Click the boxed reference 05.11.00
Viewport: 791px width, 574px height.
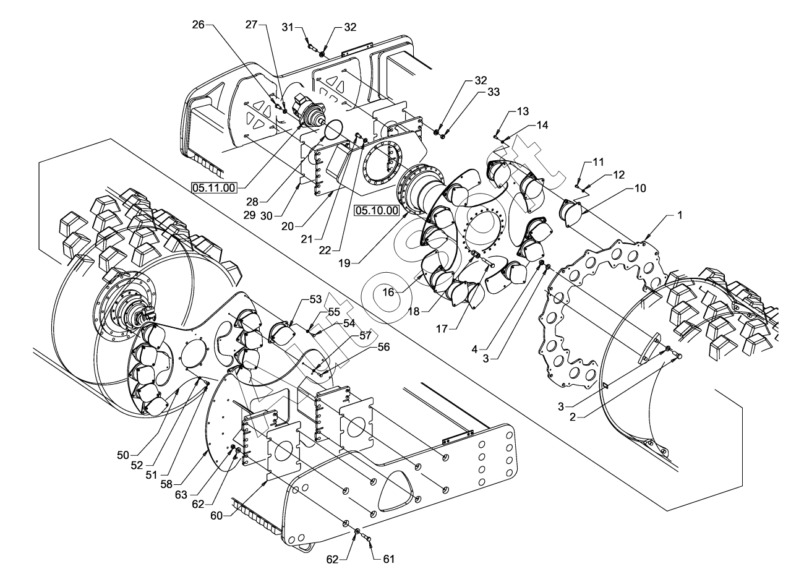click(x=213, y=187)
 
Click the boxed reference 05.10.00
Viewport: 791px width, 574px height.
click(x=377, y=210)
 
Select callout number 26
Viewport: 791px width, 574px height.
click(x=198, y=25)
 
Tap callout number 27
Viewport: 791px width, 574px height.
click(x=252, y=25)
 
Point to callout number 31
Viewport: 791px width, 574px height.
click(x=288, y=27)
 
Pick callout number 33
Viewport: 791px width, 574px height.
click(x=494, y=92)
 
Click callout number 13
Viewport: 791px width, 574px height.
click(x=523, y=111)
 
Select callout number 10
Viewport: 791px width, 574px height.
click(x=640, y=188)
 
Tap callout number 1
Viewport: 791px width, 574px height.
click(x=680, y=215)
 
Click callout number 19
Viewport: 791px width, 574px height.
click(x=344, y=263)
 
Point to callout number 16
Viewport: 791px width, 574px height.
click(x=388, y=292)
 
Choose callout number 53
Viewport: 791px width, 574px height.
click(x=315, y=299)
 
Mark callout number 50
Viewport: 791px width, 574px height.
click(x=123, y=455)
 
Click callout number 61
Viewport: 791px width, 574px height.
click(x=388, y=559)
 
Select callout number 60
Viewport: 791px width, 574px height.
click(x=216, y=516)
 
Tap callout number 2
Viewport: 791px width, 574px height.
click(x=573, y=417)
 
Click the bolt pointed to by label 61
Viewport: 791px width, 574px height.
click(x=367, y=538)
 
